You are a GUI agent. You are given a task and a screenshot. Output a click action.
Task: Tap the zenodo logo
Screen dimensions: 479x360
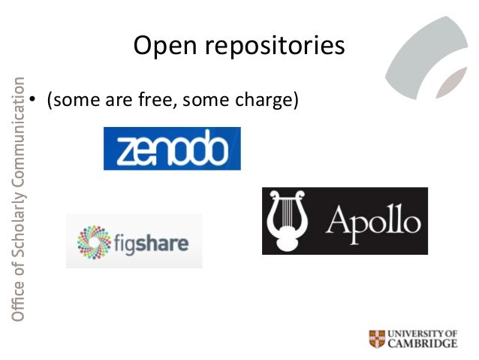pos(172,149)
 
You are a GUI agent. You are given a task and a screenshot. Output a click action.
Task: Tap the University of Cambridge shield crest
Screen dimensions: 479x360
pos(378,338)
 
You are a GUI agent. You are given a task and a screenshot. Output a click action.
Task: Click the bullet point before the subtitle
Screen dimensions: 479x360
pos(33,98)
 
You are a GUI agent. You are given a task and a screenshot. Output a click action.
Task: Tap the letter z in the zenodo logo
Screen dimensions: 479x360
pos(120,150)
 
